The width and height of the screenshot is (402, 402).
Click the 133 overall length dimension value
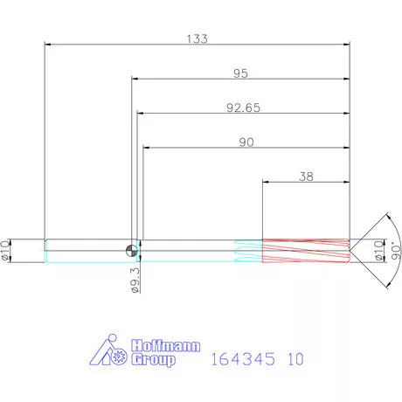198,38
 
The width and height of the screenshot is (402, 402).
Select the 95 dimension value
240,73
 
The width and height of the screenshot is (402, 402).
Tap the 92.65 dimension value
243,107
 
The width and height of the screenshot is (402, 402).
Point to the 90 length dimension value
246,142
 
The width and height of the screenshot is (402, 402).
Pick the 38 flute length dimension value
306,177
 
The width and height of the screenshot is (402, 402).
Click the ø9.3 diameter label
135,281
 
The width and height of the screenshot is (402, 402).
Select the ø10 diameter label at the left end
5,251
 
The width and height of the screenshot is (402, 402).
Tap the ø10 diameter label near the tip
378,251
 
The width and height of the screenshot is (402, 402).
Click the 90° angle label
396,251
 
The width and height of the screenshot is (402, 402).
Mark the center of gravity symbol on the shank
131,251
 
